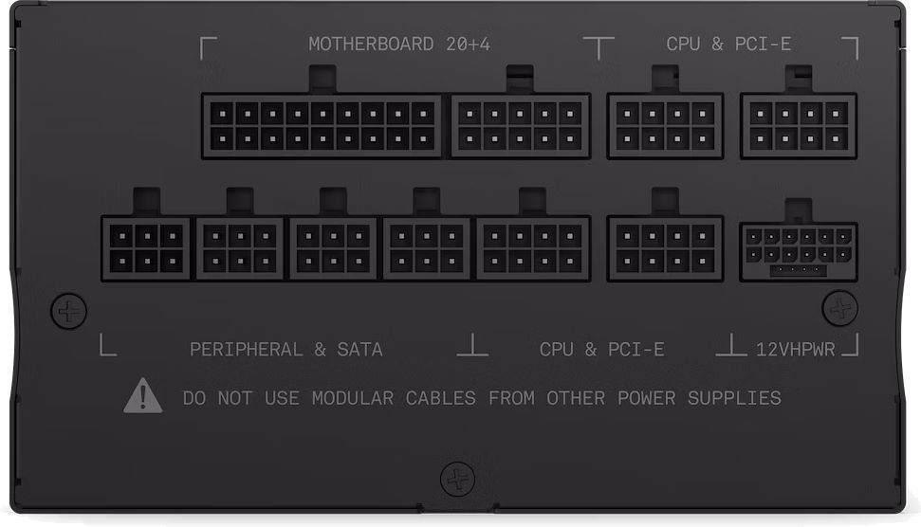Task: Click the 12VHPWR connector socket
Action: pos(799,252)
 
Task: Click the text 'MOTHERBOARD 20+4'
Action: pos(399,44)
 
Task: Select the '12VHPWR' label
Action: pos(795,350)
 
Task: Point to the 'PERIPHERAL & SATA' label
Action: pos(286,350)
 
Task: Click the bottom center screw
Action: pos(457,479)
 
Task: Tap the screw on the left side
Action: pos(68,311)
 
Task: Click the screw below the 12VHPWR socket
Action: pos(840,308)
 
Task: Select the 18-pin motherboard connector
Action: pos(322,126)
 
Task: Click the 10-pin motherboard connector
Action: pos(521,126)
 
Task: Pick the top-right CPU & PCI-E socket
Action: pos(799,126)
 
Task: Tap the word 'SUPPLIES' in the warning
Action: pos(734,398)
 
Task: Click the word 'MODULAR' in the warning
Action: pos(353,398)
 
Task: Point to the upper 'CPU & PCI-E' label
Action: pos(728,44)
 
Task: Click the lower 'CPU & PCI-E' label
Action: pos(602,350)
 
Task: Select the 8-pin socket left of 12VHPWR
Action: pos(665,249)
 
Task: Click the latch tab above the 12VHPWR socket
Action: pos(799,210)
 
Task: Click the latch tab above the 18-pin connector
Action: pos(322,80)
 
